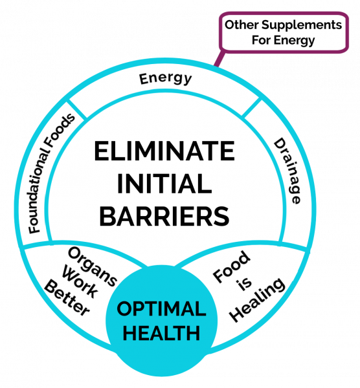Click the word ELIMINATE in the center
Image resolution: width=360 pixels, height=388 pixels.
[x=164, y=151]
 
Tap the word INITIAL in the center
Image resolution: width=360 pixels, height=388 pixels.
[x=164, y=184]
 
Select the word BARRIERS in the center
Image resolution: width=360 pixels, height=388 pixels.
[x=164, y=216]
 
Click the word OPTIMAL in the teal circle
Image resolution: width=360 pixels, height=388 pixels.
[x=161, y=308]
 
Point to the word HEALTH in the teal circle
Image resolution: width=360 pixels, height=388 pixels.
[x=161, y=333]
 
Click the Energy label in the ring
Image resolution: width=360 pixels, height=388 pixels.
[x=165, y=79]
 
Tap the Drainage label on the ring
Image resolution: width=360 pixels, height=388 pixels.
[x=287, y=171]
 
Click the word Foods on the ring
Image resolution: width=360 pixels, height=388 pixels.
[x=61, y=130]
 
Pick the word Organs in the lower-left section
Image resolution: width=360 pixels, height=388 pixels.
[x=92, y=266]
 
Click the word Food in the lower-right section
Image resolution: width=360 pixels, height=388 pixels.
[x=232, y=266]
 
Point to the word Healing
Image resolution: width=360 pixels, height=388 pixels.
[x=257, y=300]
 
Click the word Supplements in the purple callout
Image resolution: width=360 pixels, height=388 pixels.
[x=302, y=25]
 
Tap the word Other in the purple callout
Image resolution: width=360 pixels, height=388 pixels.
[x=242, y=25]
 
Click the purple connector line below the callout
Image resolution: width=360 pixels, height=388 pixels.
[x=219, y=58]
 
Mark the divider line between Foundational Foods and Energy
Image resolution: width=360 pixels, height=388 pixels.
[x=76, y=109]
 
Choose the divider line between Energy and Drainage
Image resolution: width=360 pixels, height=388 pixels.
[x=251, y=107]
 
